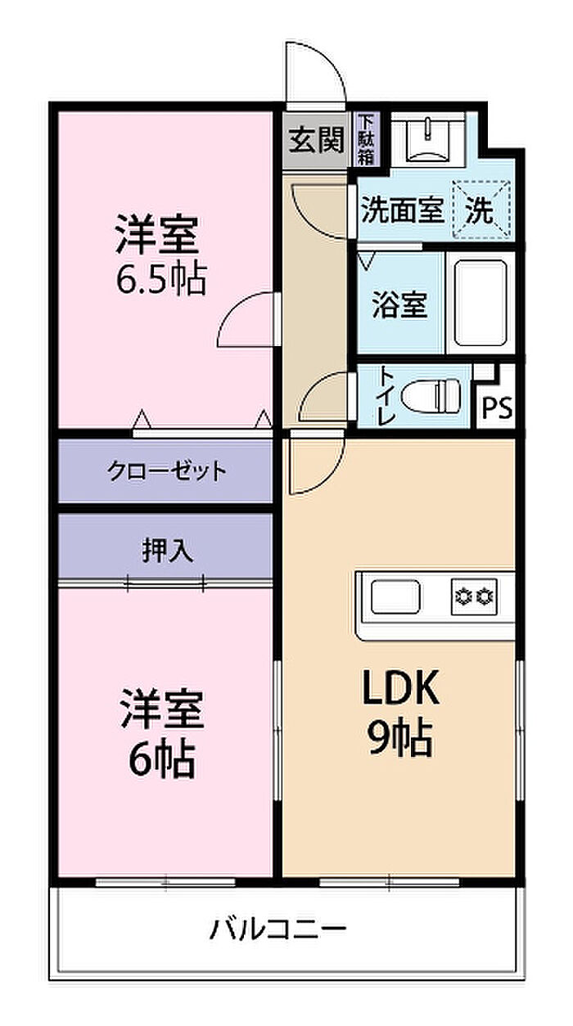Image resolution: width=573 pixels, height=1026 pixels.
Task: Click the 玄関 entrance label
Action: pyautogui.click(x=316, y=140)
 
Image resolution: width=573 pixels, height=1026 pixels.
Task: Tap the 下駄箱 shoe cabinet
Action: pyautogui.click(x=366, y=139)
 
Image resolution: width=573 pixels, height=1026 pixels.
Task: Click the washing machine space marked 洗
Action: pyautogui.click(x=481, y=209)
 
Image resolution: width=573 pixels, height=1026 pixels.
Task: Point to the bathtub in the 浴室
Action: pyautogui.click(x=481, y=304)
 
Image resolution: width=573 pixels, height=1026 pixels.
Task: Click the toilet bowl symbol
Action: pyautogui.click(x=431, y=394)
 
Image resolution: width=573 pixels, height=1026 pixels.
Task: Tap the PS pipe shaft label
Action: pyautogui.click(x=498, y=407)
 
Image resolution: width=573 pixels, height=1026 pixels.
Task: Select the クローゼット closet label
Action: pyautogui.click(x=167, y=470)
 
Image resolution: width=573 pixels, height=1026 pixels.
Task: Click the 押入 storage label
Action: pyautogui.click(x=168, y=550)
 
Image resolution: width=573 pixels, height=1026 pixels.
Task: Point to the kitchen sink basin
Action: pyautogui.click(x=395, y=596)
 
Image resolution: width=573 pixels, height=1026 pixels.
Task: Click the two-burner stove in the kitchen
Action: pyautogui.click(x=475, y=596)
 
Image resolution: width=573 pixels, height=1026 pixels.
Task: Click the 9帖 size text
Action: pyautogui.click(x=399, y=738)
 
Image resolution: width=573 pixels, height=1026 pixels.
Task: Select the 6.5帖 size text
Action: pyautogui.click(x=161, y=279)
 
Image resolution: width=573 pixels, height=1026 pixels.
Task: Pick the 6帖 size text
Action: pyautogui.click(x=162, y=760)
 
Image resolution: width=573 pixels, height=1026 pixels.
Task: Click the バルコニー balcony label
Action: pyautogui.click(x=278, y=929)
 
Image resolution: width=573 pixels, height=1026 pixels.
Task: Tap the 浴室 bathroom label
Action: pyautogui.click(x=399, y=304)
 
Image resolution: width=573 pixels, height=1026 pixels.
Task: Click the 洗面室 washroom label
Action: pyautogui.click(x=403, y=210)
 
